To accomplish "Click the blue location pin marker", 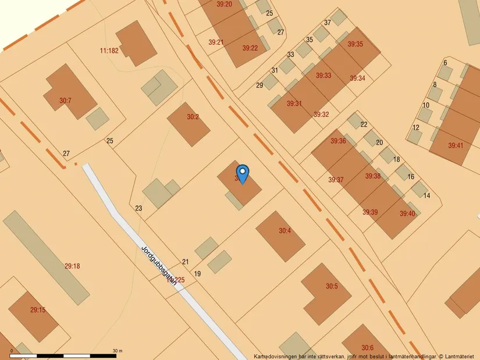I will [x=243, y=173].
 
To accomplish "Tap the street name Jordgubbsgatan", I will [x=159, y=265].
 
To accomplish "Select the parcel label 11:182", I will [x=109, y=51].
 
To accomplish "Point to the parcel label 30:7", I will [x=65, y=101].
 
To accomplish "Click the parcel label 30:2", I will [x=193, y=117].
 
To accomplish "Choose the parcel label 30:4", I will [x=285, y=231].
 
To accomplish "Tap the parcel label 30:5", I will [x=332, y=286].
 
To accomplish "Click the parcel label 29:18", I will [x=72, y=266].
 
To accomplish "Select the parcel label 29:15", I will [x=38, y=310].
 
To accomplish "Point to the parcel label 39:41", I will [x=456, y=145].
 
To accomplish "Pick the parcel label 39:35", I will [x=355, y=44].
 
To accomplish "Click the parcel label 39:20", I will [x=224, y=5].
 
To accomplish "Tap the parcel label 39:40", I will [x=407, y=214].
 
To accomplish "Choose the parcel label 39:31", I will [x=294, y=104].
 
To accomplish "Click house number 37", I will [x=328, y=23].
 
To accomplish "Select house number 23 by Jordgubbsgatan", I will [x=138, y=208].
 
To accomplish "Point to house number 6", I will [x=445, y=63].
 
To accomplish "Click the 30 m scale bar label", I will [x=118, y=351].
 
